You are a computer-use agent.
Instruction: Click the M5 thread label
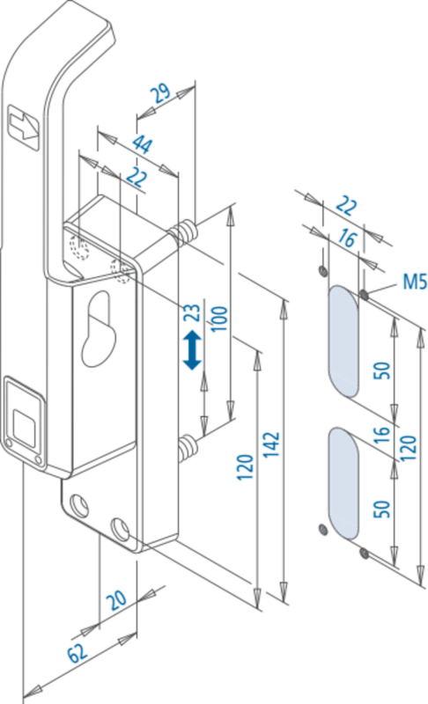414,282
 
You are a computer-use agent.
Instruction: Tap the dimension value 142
271,444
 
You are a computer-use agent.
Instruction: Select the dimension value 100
219,319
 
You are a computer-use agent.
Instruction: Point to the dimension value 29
160,93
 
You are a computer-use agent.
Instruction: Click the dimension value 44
143,144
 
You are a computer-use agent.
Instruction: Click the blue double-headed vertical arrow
192,349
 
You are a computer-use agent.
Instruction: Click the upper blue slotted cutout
344,341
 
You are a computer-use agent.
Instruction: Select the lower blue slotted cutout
344,482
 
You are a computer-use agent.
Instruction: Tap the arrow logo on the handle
24,127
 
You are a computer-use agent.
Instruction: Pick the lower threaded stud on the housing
187,449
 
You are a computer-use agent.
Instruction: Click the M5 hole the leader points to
365,295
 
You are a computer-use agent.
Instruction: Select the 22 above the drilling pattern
346,206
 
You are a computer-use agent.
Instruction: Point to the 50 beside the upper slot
381,370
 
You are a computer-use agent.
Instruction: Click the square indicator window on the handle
24,423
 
